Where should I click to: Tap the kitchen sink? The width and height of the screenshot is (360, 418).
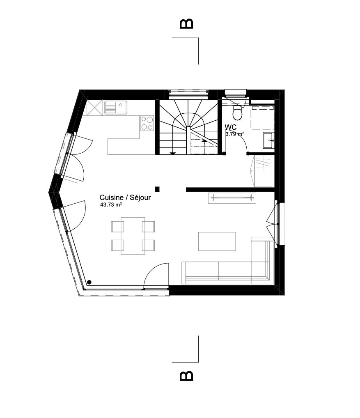116,107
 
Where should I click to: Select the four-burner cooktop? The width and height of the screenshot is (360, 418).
147,123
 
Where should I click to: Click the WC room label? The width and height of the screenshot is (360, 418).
231,127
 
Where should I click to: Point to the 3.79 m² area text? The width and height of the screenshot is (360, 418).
235,134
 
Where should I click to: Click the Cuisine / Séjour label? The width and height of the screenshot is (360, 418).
125,197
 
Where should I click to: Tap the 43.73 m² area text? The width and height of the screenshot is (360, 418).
111,204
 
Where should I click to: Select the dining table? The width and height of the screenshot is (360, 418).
133,236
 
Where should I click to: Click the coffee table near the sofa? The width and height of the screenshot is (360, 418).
217,241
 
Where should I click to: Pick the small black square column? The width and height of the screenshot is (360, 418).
157,189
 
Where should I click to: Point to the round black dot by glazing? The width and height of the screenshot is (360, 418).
89,282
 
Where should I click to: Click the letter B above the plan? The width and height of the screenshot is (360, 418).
186,24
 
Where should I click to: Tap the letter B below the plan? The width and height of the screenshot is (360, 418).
186,376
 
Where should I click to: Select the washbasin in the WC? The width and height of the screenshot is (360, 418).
268,140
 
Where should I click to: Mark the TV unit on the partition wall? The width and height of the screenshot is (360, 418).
232,198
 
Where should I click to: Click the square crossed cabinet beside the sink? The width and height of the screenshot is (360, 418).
94,108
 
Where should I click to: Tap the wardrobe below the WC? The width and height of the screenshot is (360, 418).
263,171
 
